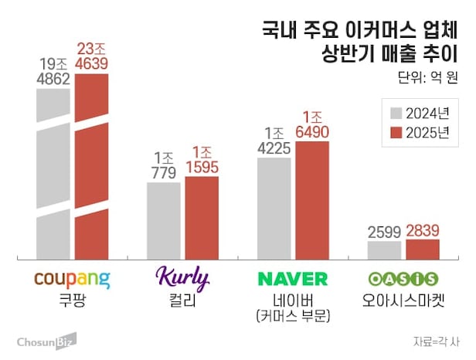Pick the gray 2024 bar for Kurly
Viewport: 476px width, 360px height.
[164, 221]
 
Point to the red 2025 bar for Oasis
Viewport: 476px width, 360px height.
[423, 250]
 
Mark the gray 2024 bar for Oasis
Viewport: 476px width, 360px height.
[384, 250]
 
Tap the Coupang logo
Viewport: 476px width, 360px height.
[73, 278]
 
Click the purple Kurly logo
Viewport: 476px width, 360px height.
[182, 277]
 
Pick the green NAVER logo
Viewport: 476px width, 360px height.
[293, 278]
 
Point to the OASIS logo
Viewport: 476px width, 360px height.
[403, 278]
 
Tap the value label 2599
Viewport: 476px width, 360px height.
[384, 230]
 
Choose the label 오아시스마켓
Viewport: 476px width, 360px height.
[403, 299]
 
